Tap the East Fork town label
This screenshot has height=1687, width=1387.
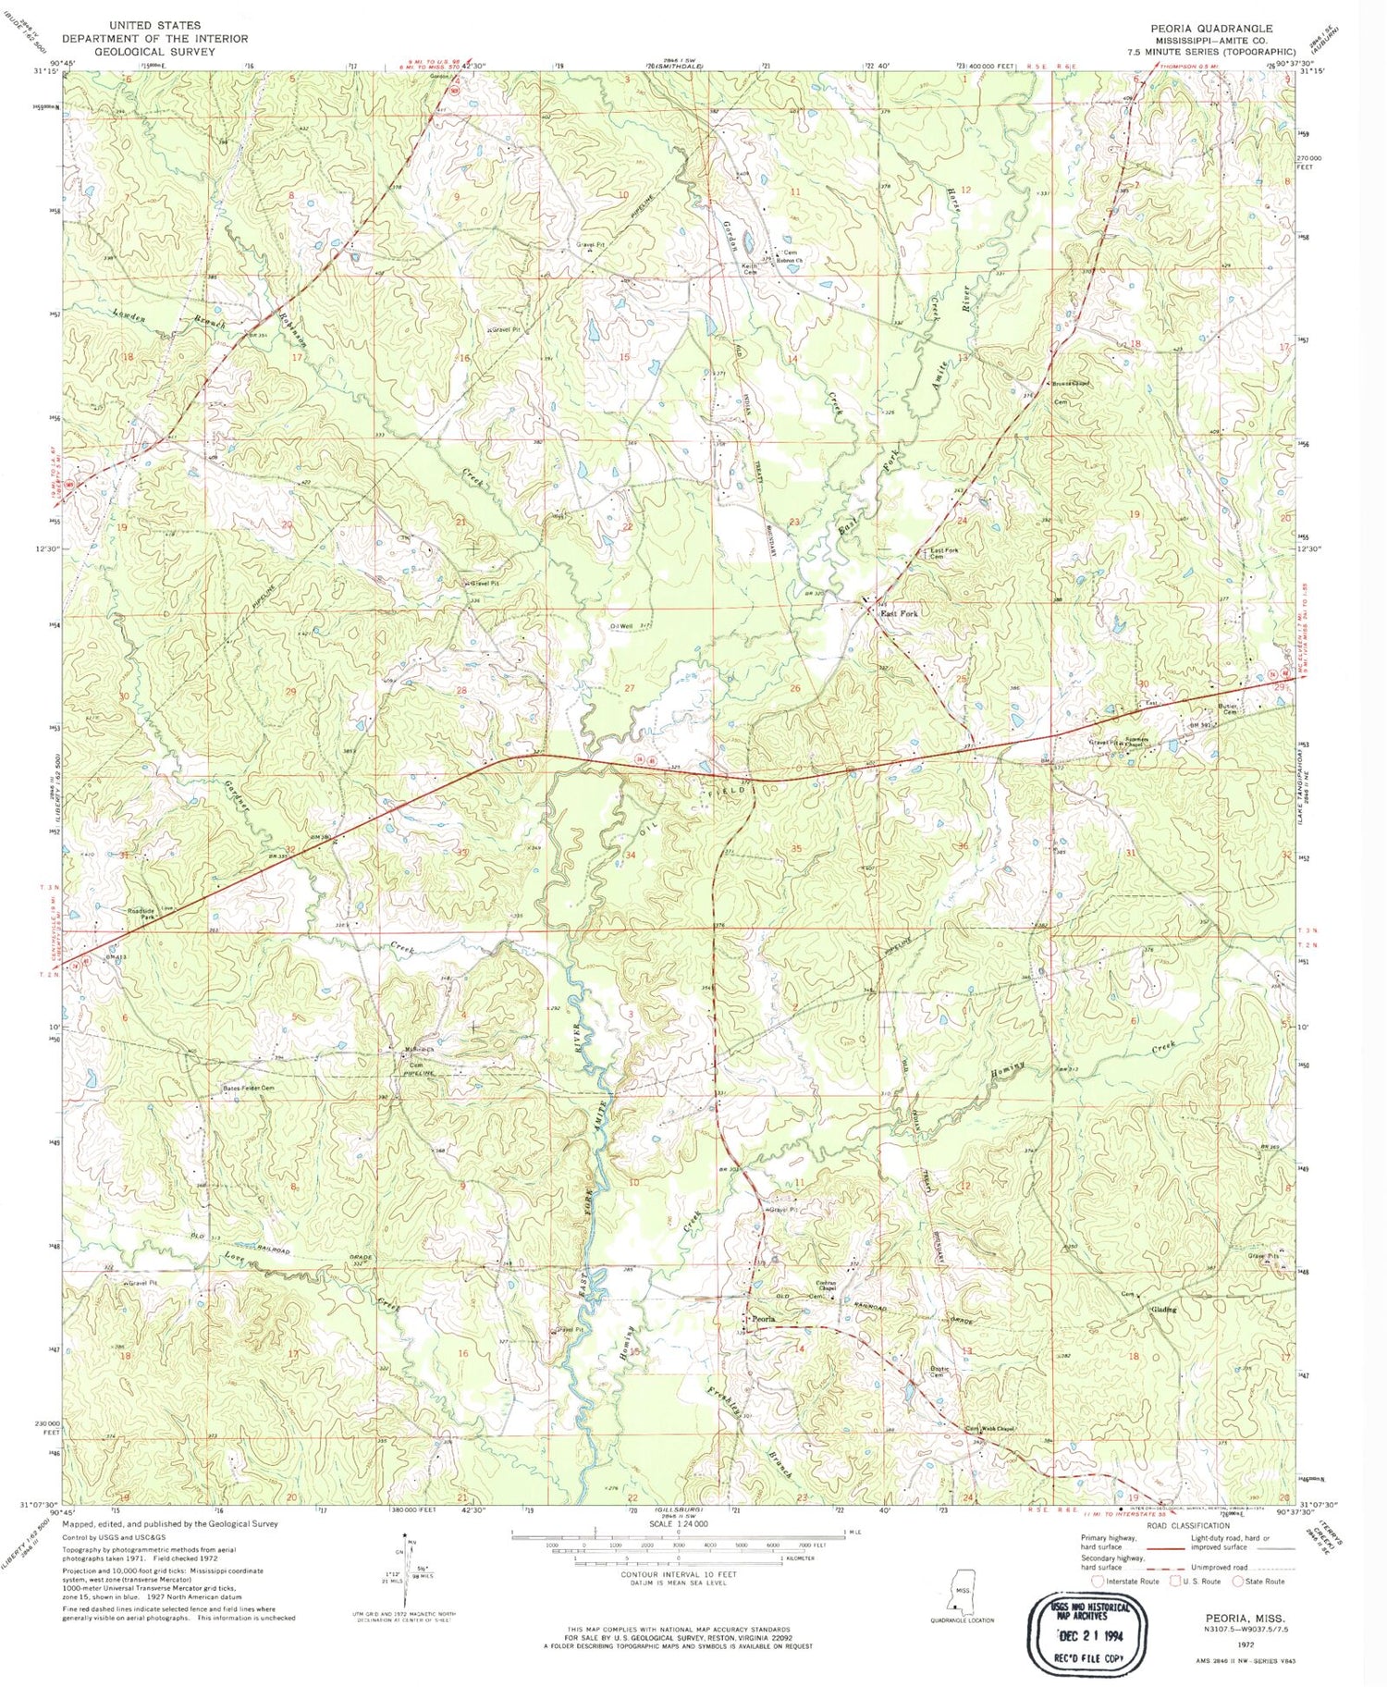tap(898, 613)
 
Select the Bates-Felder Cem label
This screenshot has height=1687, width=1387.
tap(249, 1088)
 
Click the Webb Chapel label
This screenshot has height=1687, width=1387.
tap(999, 1428)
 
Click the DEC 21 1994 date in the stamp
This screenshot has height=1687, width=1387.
tap(1086, 1636)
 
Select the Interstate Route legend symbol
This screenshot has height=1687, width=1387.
tap(1098, 1581)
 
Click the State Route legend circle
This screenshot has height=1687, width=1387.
tap(1237, 1581)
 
